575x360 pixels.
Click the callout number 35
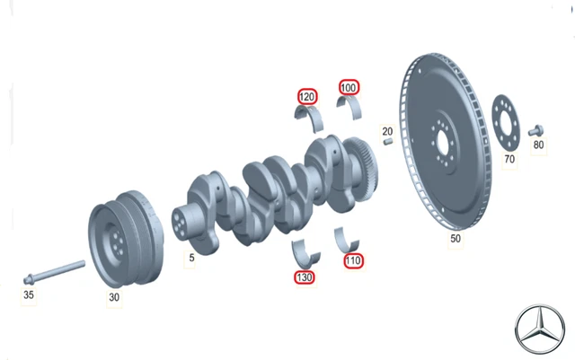pos(29,294)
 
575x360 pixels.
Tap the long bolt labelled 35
pos(54,272)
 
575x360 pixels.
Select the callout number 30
pos(114,297)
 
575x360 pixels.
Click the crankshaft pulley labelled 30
pos(126,239)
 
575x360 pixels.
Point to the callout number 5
pos(191,258)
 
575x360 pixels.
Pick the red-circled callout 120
pos(307,97)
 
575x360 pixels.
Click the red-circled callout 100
pos(349,88)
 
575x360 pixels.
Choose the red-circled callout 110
pos(353,260)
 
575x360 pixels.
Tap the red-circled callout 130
pos(305,277)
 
